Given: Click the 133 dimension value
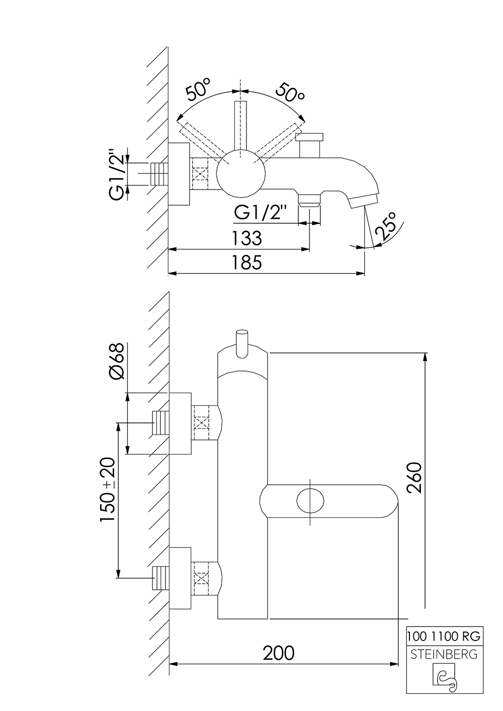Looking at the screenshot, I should (x=246, y=237).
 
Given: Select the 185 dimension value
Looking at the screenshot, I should (x=246, y=262).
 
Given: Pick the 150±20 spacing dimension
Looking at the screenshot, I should (x=108, y=490).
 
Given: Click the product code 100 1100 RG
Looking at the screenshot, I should (x=444, y=636).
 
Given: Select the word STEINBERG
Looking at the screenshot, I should (x=444, y=655).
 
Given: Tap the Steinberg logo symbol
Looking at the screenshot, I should (x=444, y=678).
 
